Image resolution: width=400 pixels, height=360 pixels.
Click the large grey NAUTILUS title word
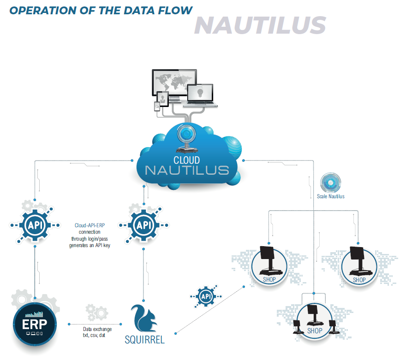260,25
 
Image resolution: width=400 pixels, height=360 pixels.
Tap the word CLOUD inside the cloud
186,160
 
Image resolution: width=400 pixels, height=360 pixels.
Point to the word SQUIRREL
144,340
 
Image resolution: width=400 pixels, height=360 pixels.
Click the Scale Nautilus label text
330,196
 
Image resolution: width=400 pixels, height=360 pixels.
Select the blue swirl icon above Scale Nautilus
330,183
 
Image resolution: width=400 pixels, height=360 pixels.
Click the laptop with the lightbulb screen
200,94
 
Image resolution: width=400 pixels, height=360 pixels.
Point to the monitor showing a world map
174,84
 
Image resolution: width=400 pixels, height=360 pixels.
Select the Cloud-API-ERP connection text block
90,236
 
